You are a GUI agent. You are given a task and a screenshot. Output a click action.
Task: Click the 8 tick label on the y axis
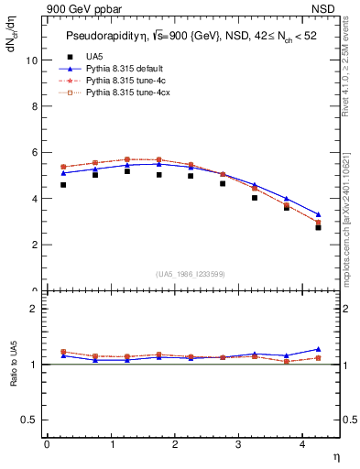33,106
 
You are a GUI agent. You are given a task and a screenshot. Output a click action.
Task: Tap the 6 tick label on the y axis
33,152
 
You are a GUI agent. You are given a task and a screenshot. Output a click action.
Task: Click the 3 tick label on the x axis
239,444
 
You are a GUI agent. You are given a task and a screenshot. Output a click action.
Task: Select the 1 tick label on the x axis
111,444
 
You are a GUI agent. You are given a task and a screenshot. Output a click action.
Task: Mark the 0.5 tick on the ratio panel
28,419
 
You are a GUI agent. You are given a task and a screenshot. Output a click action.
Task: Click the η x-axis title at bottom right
335,455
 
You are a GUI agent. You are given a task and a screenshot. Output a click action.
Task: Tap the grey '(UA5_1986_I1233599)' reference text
193,275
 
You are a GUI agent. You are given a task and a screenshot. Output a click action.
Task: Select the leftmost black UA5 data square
63,185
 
